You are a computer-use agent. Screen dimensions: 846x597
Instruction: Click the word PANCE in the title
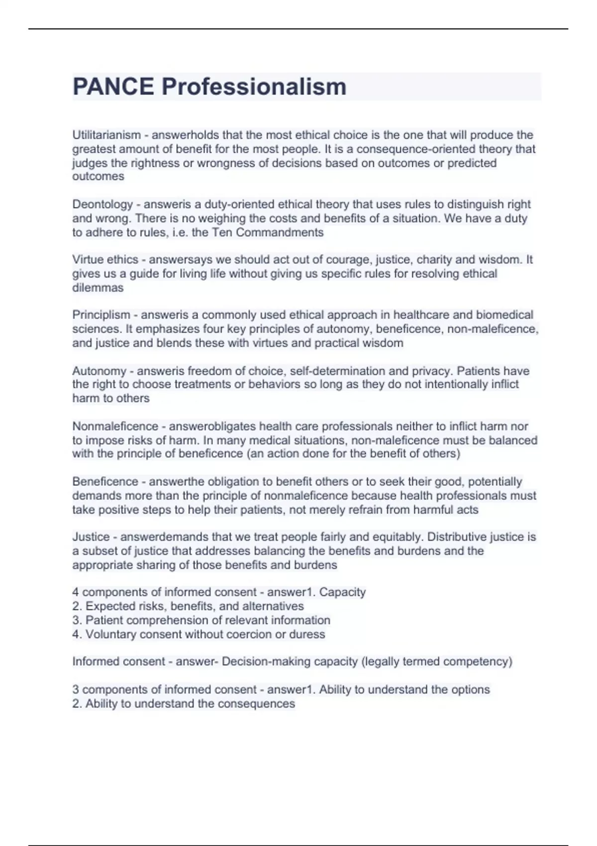[113, 87]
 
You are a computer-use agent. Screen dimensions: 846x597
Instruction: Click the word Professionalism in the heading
[254, 87]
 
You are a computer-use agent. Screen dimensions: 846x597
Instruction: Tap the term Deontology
[102, 204]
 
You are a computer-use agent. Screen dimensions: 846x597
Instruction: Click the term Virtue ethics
[105, 259]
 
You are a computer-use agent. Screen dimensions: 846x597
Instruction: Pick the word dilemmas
[98, 288]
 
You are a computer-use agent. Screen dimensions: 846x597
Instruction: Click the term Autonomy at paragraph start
[99, 371]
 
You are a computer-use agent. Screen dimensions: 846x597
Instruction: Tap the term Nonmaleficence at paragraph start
[115, 426]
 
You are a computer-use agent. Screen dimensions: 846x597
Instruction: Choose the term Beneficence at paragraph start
[105, 482]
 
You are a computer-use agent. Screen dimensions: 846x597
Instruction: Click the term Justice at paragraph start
[91, 537]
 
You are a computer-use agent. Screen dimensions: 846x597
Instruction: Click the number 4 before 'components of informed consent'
[76, 592]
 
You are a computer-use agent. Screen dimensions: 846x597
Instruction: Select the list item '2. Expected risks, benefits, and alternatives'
[188, 606]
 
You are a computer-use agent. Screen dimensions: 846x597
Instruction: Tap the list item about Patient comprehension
[201, 620]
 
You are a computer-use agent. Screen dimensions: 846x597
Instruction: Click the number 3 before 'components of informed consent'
[76, 690]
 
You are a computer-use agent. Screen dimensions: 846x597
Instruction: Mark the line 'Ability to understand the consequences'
[184, 704]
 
